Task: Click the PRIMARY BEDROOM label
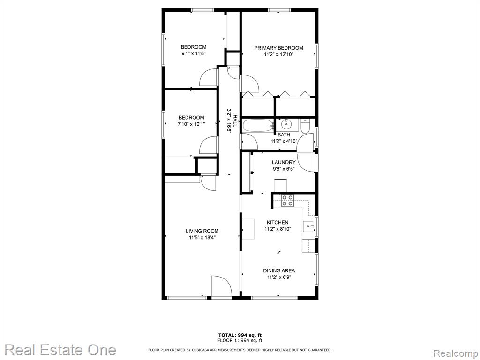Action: coord(278,48)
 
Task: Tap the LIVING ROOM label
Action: coord(202,231)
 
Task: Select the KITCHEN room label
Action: coord(277,222)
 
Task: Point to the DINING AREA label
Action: coord(279,270)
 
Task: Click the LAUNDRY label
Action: coord(284,162)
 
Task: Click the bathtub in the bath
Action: coord(258,126)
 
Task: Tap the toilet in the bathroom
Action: coord(306,126)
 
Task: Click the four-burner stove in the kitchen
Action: coord(288,201)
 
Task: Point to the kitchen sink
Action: coord(308,226)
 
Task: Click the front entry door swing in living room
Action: coord(221,286)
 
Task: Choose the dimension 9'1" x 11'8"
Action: coord(193,53)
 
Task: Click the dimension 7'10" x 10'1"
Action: coord(191,124)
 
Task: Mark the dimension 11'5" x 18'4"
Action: coord(202,238)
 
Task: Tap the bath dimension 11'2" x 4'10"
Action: coord(284,141)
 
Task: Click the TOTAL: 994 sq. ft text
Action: coord(240,335)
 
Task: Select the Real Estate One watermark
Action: coord(60,350)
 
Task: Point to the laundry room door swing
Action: coord(306,162)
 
